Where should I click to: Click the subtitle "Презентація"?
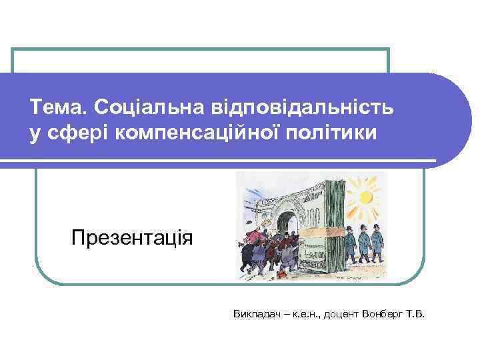(x=132, y=238)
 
